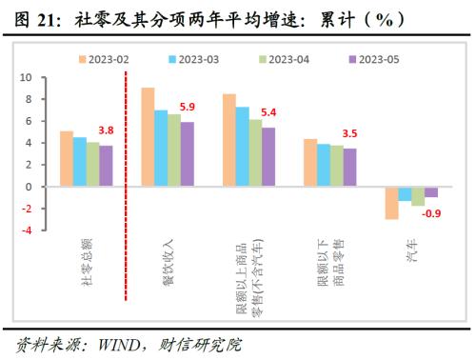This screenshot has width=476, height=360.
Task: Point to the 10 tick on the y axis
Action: point(25,77)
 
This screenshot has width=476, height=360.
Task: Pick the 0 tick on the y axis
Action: point(27,187)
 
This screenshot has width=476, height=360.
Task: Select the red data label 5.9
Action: point(188,107)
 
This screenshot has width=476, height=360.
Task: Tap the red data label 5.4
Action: point(268,112)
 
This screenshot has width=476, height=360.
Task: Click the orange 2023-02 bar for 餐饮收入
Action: point(148,137)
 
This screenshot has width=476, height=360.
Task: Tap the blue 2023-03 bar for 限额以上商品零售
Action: point(243,147)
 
